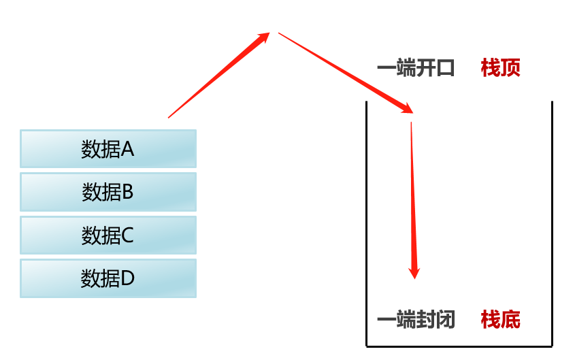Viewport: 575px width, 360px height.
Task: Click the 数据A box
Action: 108,148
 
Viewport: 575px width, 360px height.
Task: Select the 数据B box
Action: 108,192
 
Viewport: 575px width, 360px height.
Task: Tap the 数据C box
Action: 108,235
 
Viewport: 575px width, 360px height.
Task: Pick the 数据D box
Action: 108,278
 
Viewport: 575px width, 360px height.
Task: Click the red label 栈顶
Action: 500,68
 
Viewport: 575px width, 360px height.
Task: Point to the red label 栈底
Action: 500,319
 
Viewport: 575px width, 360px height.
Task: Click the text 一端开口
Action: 416,68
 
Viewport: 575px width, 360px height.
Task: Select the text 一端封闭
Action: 416,319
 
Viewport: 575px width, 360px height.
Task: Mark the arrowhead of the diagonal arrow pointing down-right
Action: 406,108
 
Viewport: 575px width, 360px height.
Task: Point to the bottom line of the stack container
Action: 459,346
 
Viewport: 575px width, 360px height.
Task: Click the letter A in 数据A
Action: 127,149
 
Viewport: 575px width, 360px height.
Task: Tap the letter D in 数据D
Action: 128,278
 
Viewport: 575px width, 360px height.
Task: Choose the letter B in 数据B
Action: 127,193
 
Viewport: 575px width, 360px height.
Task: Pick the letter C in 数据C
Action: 127,236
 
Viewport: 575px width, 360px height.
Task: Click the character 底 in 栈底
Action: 510,319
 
